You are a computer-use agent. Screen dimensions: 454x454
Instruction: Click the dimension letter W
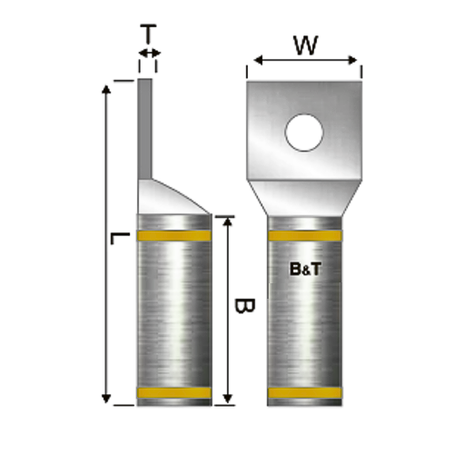point(305,43)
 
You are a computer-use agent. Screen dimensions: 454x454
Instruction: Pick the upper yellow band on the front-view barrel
point(305,238)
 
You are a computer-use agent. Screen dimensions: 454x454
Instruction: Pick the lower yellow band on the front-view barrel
point(305,393)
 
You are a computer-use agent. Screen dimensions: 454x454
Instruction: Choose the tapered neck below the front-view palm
point(305,197)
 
